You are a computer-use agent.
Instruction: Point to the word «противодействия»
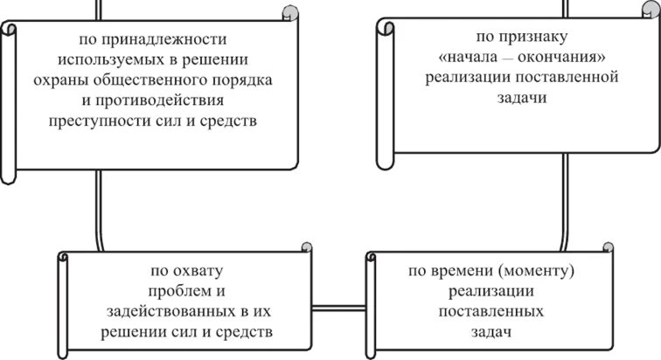[x=160, y=100]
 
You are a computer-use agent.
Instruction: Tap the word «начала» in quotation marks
[x=463, y=58]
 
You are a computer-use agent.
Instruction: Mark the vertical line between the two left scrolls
[x=99, y=210]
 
